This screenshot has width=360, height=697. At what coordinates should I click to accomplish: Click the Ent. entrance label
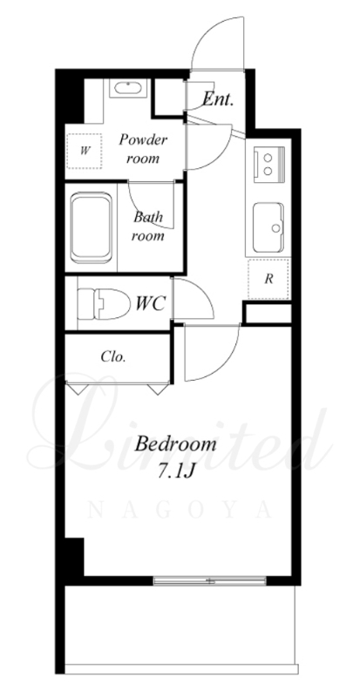point(218,99)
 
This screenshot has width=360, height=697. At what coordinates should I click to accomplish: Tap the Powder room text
point(143,149)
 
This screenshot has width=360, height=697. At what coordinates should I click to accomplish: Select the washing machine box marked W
point(84,151)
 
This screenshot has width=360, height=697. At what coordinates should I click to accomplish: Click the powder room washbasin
point(128,88)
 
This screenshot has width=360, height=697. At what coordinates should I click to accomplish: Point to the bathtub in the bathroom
point(91,227)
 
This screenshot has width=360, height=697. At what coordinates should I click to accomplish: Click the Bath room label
point(148,227)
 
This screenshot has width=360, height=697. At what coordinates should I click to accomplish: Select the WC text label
point(151,304)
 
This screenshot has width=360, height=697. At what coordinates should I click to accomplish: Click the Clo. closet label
point(113,356)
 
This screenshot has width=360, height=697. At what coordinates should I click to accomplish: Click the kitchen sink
point(268,227)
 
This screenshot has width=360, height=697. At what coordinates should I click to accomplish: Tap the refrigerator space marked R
point(268,279)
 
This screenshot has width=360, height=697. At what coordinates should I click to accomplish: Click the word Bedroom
point(175,443)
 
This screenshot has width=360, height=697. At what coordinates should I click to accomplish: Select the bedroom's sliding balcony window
point(209,580)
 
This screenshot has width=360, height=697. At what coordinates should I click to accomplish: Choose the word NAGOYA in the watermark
point(180,510)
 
